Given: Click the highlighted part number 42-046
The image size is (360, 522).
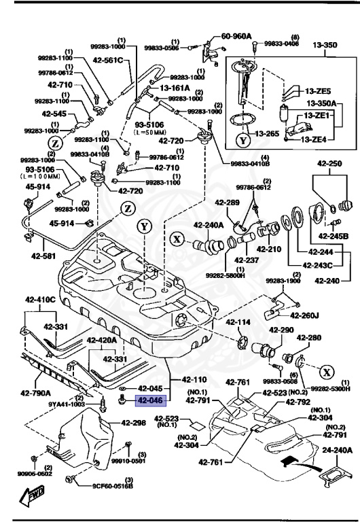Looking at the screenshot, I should pos(150,400).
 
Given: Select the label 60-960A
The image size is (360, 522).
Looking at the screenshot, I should pos(236,36).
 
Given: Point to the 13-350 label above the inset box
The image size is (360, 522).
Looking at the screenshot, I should pos(325,45).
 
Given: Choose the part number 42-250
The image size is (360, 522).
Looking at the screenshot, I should pos(329,164).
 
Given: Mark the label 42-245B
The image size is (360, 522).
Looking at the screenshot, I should pos(334,236).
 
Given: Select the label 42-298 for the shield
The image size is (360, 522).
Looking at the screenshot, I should pos(134,423).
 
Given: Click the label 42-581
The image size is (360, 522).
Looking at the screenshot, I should pos(44,256).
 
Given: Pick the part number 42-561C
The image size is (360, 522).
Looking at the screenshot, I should pos(108,60).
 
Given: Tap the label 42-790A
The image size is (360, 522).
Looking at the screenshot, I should pos(35,392).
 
